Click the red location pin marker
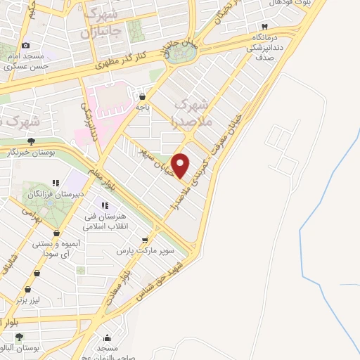[181, 165]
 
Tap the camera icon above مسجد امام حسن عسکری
[26, 45]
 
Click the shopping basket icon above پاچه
[143, 97]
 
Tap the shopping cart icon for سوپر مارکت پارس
[146, 239]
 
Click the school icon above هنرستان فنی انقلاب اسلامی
[105, 205]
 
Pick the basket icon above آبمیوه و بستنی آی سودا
[57, 231]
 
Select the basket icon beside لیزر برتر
[28, 289]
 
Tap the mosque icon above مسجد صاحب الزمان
[106, 337]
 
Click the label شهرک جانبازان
[103, 23]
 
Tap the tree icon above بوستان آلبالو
[19, 337]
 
